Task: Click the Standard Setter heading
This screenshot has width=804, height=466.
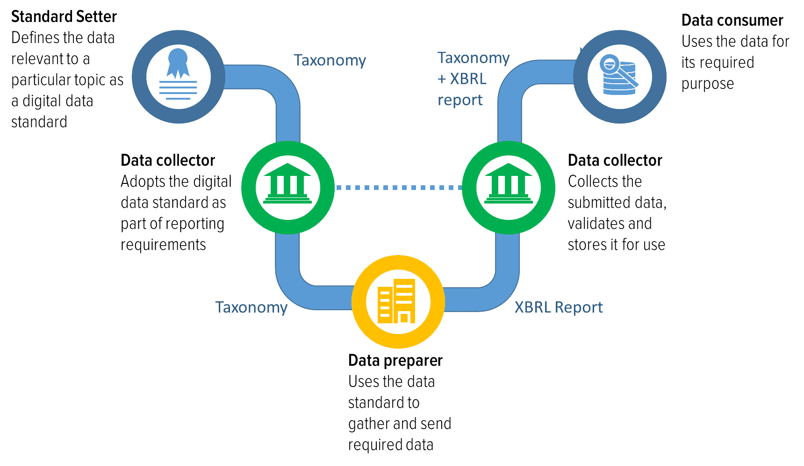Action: click(64, 17)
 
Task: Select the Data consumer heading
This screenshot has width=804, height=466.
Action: click(732, 21)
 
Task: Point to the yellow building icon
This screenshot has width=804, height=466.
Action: click(398, 301)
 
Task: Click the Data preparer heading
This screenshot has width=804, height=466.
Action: click(395, 361)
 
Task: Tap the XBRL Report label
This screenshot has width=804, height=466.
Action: click(558, 307)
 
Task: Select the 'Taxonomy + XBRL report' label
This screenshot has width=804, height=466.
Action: click(473, 79)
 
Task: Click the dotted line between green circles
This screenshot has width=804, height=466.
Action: click(398, 188)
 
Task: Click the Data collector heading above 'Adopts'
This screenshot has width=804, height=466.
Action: click(168, 160)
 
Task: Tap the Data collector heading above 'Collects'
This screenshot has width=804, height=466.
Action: click(615, 160)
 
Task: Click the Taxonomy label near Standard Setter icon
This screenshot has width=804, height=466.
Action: click(330, 60)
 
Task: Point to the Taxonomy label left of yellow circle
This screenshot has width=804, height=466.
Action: click(251, 307)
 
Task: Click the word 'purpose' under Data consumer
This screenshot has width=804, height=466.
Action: click(707, 84)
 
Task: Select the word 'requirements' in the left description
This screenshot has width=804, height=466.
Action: click(163, 245)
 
